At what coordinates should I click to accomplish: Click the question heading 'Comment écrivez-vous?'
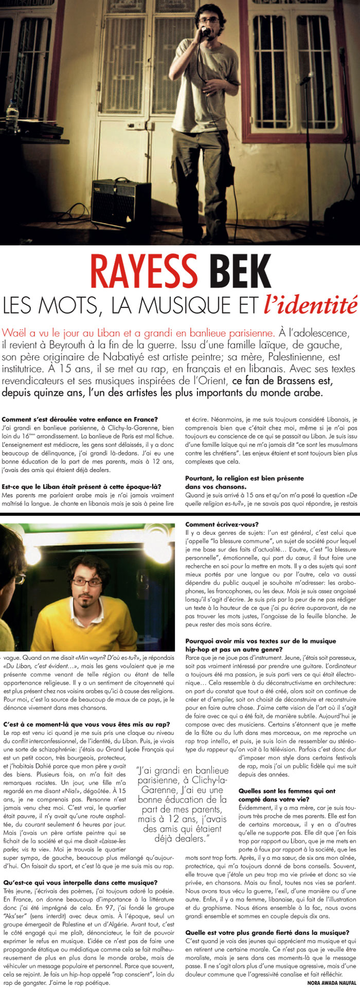tap(215, 524)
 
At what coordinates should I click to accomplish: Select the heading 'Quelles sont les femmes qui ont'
tap(287, 791)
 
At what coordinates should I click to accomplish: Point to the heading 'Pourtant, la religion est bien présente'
tap(244, 478)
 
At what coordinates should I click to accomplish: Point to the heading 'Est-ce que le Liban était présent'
tap(82, 486)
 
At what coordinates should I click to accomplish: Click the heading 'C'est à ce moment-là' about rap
tap(86, 725)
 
